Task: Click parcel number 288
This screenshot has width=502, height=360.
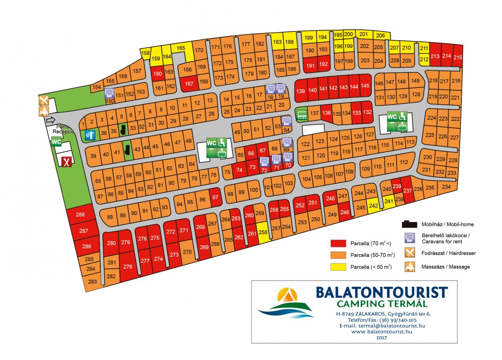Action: tap(80, 215)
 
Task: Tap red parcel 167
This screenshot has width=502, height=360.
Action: tap(189, 83)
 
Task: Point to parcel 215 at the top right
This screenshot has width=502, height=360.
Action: tap(458, 57)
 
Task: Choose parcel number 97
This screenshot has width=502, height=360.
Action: tap(215, 198)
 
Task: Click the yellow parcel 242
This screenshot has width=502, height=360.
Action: tap(374, 206)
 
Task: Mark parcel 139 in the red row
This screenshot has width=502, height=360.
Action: tap(300, 91)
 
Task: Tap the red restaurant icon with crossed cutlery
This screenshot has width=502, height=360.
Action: tap(66, 161)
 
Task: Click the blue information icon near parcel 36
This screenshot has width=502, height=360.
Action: tap(90, 135)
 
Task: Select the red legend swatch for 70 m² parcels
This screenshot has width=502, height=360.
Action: tap(338, 243)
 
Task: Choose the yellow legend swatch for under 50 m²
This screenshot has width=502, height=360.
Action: tap(338, 267)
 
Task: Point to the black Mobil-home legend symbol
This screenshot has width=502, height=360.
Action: tap(410, 224)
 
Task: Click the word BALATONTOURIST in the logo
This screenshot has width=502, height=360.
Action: tap(382, 292)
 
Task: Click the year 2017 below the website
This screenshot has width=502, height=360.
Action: tap(382, 337)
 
